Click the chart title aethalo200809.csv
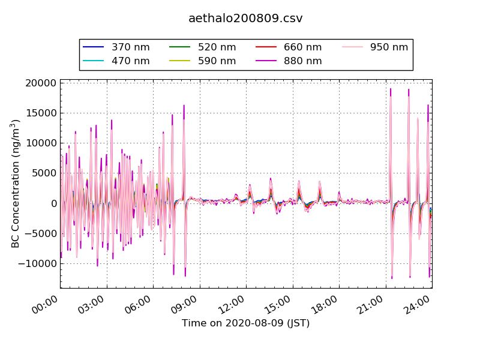click(245, 19)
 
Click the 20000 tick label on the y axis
click(41, 83)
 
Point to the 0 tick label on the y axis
click(53, 203)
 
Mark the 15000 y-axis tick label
click(41, 113)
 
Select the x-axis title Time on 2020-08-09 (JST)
click(245, 323)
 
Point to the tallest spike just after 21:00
click(391, 90)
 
